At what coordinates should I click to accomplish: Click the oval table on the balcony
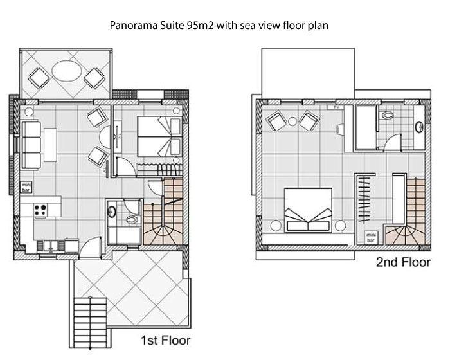point(67,71)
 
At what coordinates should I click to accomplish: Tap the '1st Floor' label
point(166,341)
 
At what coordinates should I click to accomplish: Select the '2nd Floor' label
point(403,262)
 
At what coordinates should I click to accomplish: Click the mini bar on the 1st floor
point(26,187)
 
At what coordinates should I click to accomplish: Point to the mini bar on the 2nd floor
point(371,238)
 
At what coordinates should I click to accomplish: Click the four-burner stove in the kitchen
point(40,210)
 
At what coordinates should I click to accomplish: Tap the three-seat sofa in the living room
point(31,145)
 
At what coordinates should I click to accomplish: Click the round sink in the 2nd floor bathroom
point(420,127)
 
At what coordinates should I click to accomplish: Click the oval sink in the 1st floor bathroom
point(111,212)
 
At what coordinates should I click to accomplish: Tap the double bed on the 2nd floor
point(308,210)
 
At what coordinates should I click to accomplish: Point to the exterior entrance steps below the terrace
point(90,323)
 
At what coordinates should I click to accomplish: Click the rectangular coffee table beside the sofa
point(50,145)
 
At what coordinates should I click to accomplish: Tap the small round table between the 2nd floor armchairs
point(292,121)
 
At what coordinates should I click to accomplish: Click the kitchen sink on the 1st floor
point(51,246)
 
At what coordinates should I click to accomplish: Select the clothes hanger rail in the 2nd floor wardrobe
point(364,199)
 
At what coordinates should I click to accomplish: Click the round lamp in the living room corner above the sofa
point(29,111)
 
